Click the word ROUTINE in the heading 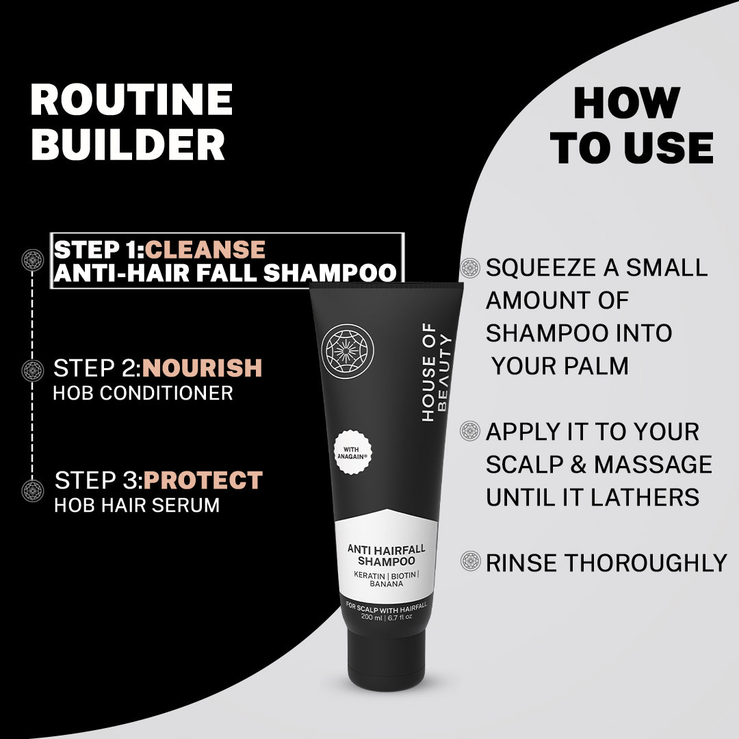pyautogui.click(x=131, y=100)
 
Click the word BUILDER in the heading pyautogui.click(x=128, y=144)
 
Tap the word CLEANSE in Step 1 pyautogui.click(x=205, y=249)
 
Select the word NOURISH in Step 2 pyautogui.click(x=203, y=368)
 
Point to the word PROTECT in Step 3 pyautogui.click(x=203, y=480)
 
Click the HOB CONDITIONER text pyautogui.click(x=143, y=393)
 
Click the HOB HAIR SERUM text pyautogui.click(x=137, y=505)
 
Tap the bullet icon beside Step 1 pyautogui.click(x=32, y=260)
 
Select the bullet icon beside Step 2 pyautogui.click(x=32, y=370)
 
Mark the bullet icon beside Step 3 pyautogui.click(x=32, y=490)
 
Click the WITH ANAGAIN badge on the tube pyautogui.click(x=357, y=454)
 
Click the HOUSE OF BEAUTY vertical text pyautogui.click(x=436, y=372)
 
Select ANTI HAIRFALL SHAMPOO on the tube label pyautogui.click(x=386, y=555)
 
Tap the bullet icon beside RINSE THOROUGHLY pyautogui.click(x=471, y=562)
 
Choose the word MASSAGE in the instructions pyautogui.click(x=653, y=465)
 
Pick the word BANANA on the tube pyautogui.click(x=386, y=584)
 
